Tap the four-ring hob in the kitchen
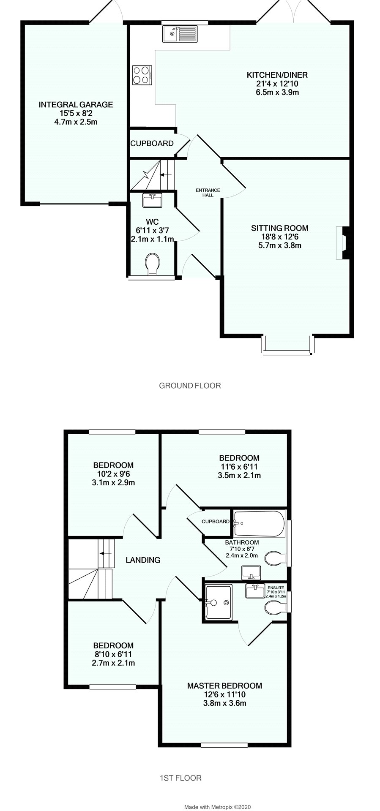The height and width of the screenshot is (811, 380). (x=142, y=75)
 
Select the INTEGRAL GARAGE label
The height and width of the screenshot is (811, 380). (x=76, y=105)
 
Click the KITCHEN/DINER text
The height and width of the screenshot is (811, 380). (x=277, y=75)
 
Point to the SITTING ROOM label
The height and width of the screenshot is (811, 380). (x=279, y=228)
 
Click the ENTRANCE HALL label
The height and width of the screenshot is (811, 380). (x=205, y=192)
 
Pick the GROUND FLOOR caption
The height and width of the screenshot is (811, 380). (x=190, y=385)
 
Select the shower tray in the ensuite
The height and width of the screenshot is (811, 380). (x=218, y=602)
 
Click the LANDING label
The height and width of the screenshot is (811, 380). (x=143, y=560)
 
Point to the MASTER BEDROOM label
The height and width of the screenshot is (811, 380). (x=224, y=686)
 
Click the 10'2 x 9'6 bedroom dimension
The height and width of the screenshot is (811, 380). (x=113, y=474)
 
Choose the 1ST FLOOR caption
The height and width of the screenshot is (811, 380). (x=180, y=778)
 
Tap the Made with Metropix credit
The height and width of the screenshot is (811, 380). (x=218, y=807)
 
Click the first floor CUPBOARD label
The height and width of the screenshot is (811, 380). (x=216, y=522)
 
